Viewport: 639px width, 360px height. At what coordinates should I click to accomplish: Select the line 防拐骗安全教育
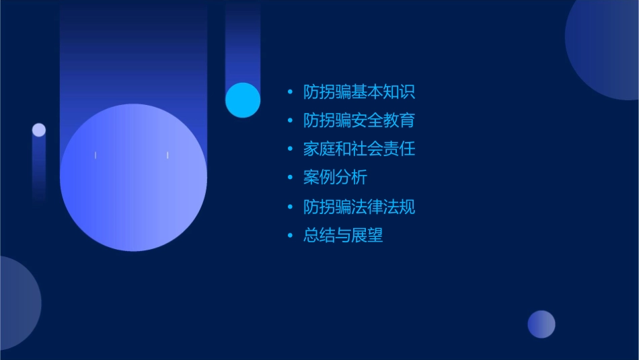(x=359, y=121)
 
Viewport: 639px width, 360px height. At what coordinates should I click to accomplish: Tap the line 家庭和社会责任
(x=359, y=149)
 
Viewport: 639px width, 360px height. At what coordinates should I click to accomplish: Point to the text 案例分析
(x=335, y=178)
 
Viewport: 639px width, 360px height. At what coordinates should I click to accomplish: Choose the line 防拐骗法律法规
(x=359, y=207)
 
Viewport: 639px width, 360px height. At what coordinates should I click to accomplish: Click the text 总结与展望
(x=343, y=236)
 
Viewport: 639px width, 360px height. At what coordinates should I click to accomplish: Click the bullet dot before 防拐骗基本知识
(x=290, y=92)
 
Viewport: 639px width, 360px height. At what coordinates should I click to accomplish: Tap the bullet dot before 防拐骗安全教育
(x=290, y=121)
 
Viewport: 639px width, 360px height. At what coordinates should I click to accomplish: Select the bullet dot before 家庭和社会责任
(x=290, y=149)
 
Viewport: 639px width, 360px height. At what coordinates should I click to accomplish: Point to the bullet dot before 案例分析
(x=290, y=178)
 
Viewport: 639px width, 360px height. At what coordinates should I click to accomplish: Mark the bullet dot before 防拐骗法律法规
(x=290, y=207)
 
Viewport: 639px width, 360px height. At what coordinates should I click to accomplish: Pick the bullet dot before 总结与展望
(x=290, y=236)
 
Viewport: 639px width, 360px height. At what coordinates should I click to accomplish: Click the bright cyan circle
(x=243, y=100)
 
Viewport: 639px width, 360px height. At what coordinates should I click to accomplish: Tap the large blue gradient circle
(x=133, y=178)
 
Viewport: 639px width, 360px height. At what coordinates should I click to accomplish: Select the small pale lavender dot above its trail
(x=39, y=130)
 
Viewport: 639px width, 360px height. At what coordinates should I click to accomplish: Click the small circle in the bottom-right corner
(x=541, y=324)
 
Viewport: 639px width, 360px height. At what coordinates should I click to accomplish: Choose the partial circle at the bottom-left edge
(x=17, y=303)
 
